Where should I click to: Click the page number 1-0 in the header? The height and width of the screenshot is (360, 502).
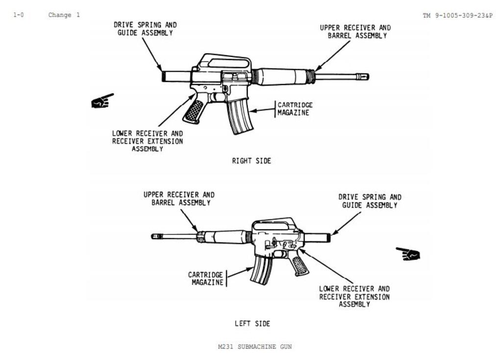tap(18, 15)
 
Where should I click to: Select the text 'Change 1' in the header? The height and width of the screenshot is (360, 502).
tap(64, 15)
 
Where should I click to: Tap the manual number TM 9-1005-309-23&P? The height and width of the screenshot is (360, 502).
tap(457, 16)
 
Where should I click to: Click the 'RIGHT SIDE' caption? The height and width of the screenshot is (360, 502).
tap(251, 160)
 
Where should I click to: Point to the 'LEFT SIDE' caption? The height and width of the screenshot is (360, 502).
tap(252, 323)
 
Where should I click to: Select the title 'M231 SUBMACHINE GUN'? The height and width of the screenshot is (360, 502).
tap(254, 347)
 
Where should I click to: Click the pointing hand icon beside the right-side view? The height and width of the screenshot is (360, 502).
tap(102, 101)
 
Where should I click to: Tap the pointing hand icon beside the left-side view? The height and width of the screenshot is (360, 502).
tap(408, 254)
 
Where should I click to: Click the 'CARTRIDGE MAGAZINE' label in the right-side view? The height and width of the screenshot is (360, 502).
tap(295, 108)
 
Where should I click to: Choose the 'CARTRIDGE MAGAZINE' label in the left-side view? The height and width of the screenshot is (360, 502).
tap(206, 278)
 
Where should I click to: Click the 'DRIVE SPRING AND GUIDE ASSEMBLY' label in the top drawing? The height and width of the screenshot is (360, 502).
tap(145, 28)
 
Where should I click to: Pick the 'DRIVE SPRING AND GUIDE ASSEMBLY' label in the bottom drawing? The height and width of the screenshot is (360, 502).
tap(370, 201)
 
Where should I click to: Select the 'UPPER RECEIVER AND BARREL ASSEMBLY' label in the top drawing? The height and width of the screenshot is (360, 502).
tap(355, 31)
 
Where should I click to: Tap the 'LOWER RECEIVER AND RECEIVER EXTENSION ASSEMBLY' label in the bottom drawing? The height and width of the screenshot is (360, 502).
tap(354, 296)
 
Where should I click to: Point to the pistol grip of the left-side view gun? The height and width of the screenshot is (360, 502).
tap(299, 265)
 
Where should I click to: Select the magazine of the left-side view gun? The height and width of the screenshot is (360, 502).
tap(261, 270)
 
